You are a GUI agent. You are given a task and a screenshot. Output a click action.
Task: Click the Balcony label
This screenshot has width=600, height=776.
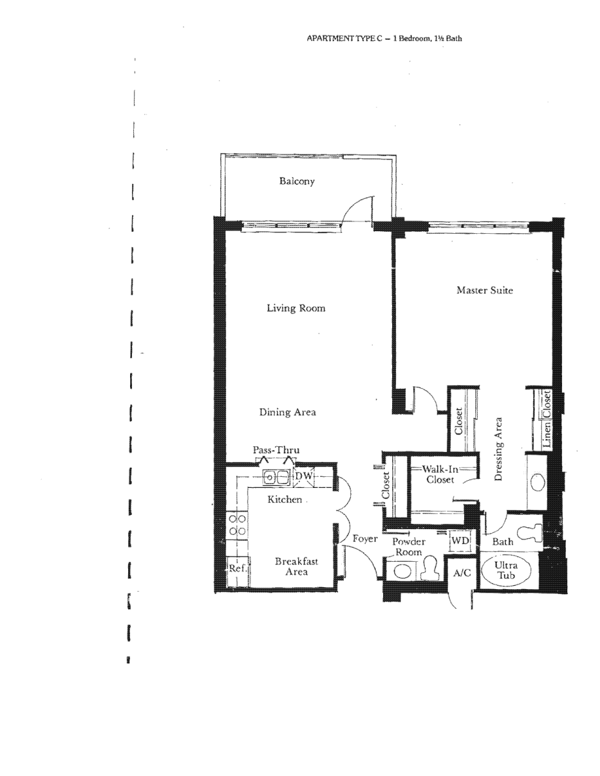point(297,181)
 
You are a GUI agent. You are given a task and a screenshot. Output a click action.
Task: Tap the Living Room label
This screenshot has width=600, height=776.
point(296,308)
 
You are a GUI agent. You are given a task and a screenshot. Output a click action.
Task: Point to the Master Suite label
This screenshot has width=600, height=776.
point(485,290)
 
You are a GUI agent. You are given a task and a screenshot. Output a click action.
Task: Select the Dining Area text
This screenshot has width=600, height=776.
point(288,412)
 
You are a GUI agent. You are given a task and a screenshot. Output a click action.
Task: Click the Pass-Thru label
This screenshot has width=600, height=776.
point(276,450)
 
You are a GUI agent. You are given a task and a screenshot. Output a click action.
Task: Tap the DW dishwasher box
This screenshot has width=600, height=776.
point(304,476)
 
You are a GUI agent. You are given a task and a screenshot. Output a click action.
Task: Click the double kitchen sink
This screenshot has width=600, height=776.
point(276,477)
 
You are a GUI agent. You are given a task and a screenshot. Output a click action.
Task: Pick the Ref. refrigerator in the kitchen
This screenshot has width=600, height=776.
point(237,569)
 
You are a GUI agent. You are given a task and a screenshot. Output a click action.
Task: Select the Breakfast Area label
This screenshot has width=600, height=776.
point(297,566)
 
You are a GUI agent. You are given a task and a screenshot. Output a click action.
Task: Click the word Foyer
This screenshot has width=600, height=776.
point(365,538)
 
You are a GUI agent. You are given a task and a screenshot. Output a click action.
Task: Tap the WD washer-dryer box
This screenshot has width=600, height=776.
point(460,540)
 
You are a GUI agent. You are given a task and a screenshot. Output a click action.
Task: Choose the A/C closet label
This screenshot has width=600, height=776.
point(462,573)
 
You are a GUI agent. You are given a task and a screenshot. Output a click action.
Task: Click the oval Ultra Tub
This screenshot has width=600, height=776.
point(505,571)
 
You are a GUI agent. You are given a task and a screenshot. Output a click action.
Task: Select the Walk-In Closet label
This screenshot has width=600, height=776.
point(440,474)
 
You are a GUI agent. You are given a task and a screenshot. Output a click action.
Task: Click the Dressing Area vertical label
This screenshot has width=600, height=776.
point(499,449)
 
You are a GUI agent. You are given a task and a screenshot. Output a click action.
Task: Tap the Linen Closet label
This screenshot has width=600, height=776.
point(546,419)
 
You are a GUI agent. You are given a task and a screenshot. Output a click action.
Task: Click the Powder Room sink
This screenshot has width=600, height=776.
point(402,572)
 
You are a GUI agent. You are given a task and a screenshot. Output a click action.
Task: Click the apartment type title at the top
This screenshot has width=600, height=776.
point(384,38)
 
